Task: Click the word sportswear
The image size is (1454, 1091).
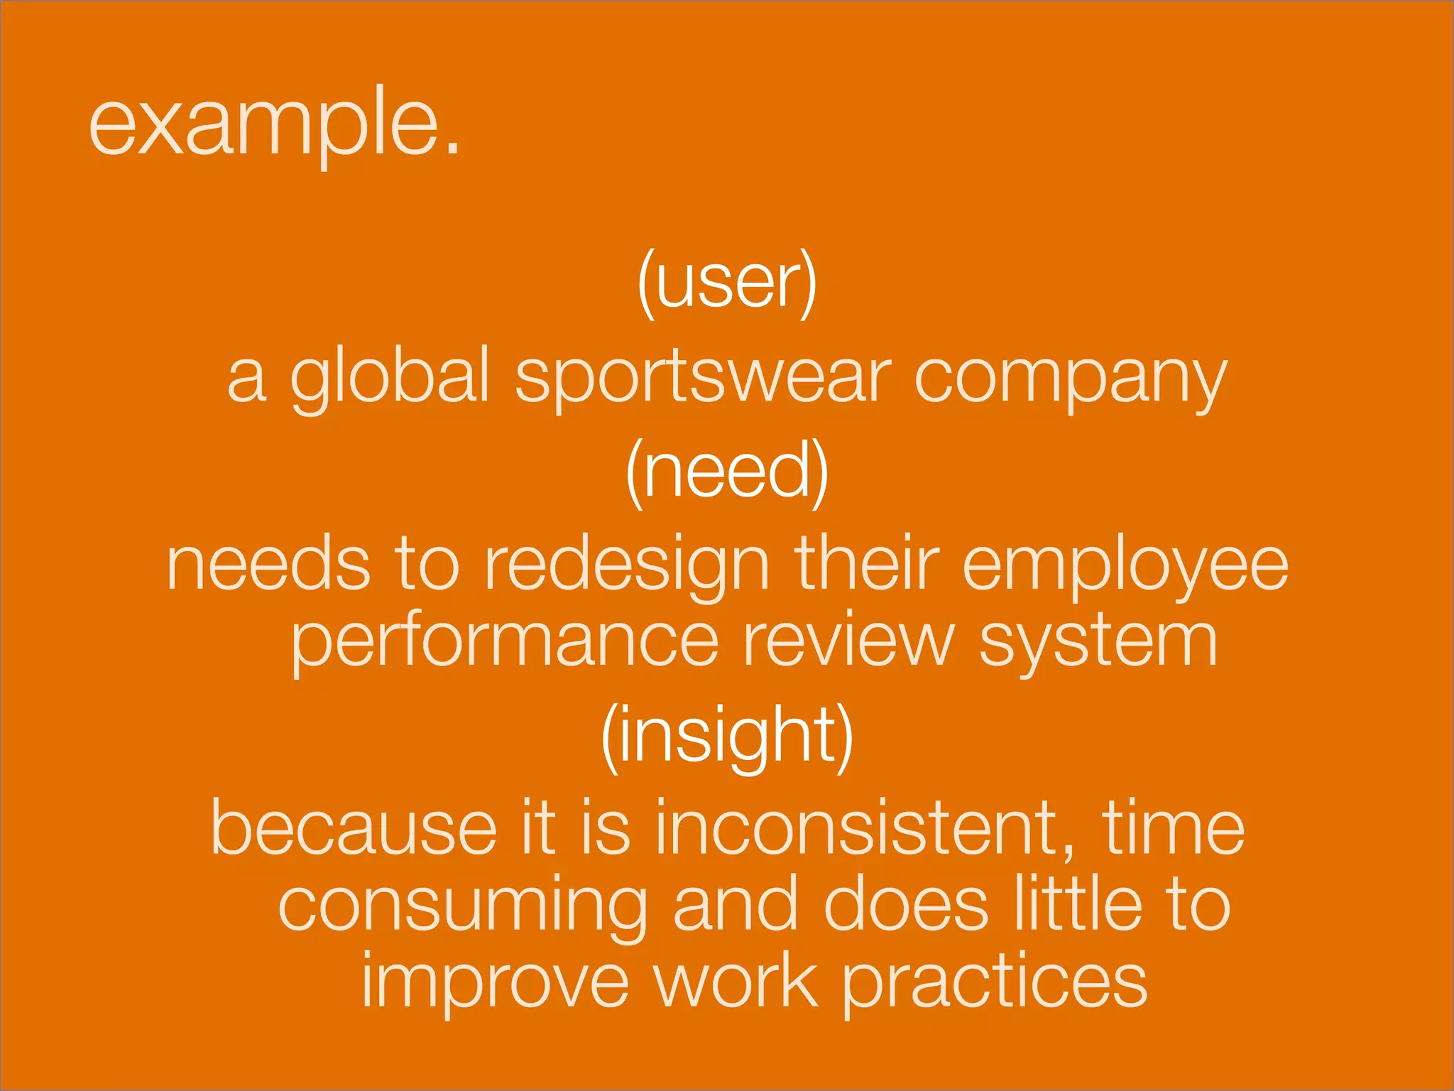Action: (x=702, y=378)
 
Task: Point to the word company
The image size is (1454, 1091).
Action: (x=1070, y=378)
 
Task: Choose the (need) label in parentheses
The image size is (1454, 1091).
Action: (x=727, y=472)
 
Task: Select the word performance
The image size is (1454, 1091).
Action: (x=505, y=642)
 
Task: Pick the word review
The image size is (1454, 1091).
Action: (x=848, y=641)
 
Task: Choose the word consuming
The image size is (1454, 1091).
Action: (x=462, y=906)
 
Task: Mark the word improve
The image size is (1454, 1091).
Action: (x=495, y=982)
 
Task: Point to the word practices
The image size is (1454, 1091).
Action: (x=994, y=983)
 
